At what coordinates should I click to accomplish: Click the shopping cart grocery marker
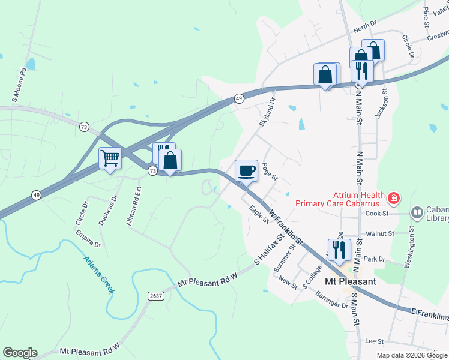[x=110, y=158]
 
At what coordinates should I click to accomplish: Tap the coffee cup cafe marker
[x=246, y=170]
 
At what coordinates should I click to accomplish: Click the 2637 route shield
[x=156, y=295]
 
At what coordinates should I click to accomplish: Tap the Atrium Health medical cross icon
[x=394, y=197]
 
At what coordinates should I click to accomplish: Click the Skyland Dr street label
[x=267, y=112]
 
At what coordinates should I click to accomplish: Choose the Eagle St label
[x=259, y=214]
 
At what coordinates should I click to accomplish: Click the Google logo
[x=20, y=353]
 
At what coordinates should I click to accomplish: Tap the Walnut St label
[x=374, y=233]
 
